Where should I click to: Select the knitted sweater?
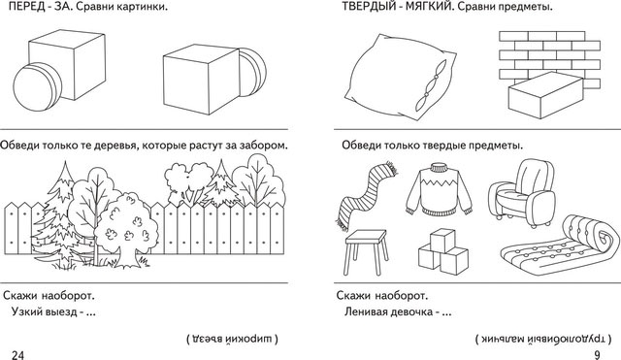[x=440, y=191]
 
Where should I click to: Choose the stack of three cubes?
[x=443, y=253]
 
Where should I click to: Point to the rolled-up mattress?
[x=561, y=247]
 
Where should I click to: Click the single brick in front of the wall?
[x=545, y=95]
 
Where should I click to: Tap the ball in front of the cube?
[x=38, y=87]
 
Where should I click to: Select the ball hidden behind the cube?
[x=253, y=72]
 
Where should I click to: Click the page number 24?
[x=17, y=355]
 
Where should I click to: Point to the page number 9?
[x=598, y=355]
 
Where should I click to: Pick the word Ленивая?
[x=367, y=311]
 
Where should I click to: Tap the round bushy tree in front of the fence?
[x=126, y=229]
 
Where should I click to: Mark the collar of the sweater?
[x=439, y=167]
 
